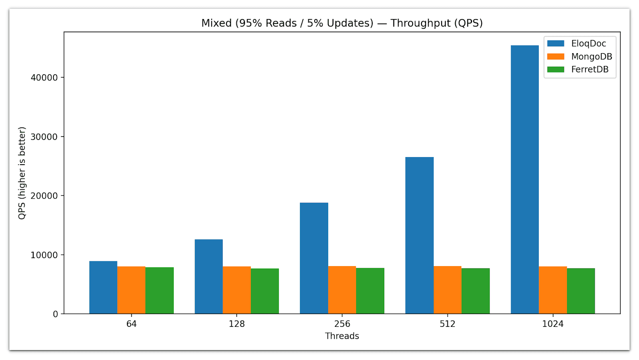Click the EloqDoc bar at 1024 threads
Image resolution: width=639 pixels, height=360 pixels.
pyautogui.click(x=524, y=179)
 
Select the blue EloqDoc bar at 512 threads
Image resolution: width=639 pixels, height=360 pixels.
pyautogui.click(x=419, y=235)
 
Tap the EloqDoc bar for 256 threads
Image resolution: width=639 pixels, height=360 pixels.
pyautogui.click(x=314, y=258)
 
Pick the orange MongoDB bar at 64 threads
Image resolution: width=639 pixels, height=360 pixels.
pyautogui.click(x=131, y=290)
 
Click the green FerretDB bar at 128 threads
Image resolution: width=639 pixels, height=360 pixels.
pyautogui.click(x=264, y=291)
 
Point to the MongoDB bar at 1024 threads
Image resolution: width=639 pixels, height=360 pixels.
pyautogui.click(x=553, y=290)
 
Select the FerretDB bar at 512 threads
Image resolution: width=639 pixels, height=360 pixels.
pyautogui.click(x=475, y=291)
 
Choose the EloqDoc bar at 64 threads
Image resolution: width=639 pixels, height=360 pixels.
pyautogui.click(x=103, y=287)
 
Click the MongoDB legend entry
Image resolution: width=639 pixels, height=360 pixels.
pyautogui.click(x=591, y=56)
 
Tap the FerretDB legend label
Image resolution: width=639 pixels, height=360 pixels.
pyautogui.click(x=589, y=69)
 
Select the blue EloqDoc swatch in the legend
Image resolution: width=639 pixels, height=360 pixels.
pyautogui.click(x=556, y=44)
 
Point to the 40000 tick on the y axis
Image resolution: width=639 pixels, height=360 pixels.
pyautogui.click(x=44, y=78)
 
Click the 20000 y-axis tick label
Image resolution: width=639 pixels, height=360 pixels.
pyautogui.click(x=44, y=196)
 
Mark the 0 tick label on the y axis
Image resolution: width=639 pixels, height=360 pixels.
pyautogui.click(x=56, y=314)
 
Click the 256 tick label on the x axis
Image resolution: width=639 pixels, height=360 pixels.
pyautogui.click(x=342, y=324)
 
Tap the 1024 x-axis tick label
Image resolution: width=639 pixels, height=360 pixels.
pyautogui.click(x=553, y=324)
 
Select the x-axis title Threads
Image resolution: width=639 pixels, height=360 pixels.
pyautogui.click(x=342, y=336)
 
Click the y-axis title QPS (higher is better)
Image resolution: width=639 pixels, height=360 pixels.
pyautogui.click(x=22, y=173)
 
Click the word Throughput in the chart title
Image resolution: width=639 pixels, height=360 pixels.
pyautogui.click(x=421, y=23)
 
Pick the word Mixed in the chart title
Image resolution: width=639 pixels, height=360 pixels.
pyautogui.click(x=216, y=23)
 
